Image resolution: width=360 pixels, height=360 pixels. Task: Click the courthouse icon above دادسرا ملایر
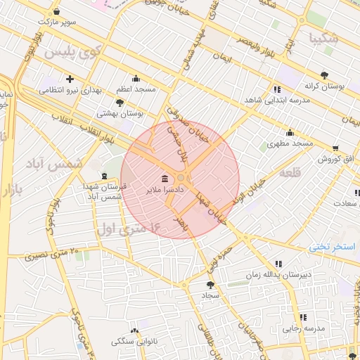(x=165, y=179)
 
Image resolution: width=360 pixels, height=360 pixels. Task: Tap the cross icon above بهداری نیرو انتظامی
(x=70, y=78)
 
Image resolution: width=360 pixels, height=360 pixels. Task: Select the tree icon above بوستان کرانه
(x=323, y=75)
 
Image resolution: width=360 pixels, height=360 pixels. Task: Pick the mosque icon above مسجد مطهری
(x=290, y=133)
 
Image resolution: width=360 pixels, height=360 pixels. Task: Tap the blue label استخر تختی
(x=333, y=247)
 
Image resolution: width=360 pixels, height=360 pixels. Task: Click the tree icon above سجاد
(x=210, y=285)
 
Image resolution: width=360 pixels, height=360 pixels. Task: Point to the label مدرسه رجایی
(x=304, y=328)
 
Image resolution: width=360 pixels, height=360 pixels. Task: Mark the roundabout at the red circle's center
(x=181, y=179)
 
